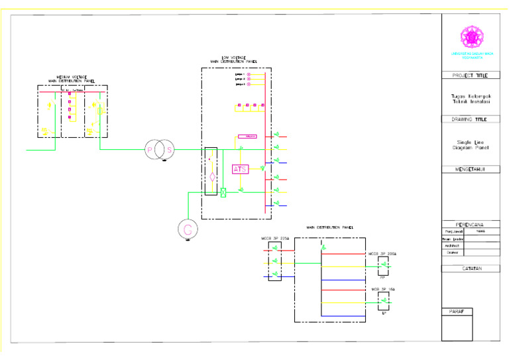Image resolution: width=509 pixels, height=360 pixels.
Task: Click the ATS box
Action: (240, 169)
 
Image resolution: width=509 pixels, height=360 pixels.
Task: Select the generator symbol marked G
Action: (188, 229)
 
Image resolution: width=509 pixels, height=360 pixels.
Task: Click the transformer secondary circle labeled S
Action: (169, 150)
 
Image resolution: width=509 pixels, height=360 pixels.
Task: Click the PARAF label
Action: (457, 311)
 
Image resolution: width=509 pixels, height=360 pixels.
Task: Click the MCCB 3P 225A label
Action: (274, 237)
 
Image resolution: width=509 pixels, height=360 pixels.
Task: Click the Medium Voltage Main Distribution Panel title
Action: (72, 80)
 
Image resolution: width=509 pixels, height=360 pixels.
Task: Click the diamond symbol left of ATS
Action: (212, 177)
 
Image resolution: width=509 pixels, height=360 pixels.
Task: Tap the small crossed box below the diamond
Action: (223, 193)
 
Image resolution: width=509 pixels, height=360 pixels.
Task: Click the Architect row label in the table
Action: (453, 246)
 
